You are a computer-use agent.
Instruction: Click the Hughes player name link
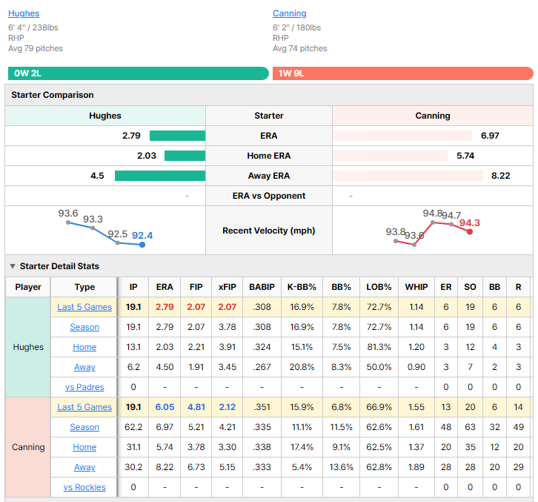24,13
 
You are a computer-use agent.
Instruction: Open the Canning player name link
289,13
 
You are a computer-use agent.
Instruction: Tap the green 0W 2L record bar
139,73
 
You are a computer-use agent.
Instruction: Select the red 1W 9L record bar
403,73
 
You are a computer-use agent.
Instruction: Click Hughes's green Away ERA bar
160,176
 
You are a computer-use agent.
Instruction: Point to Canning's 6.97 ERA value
490,136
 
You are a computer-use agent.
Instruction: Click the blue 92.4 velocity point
142,245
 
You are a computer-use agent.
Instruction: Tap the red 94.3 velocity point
470,232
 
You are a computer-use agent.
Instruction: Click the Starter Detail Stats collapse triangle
13,266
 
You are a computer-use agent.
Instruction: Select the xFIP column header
228,287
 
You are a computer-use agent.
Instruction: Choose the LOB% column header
379,287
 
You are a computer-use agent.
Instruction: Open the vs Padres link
84,387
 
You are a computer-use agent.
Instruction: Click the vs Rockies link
84,487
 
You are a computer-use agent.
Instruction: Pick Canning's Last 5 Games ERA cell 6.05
165,407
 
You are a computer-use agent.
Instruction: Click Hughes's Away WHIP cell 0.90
416,367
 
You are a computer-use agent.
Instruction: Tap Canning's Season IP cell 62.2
133,427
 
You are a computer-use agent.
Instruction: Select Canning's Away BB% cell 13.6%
341,467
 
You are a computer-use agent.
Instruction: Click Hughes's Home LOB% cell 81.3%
379,347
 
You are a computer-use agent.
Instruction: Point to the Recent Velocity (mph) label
269,231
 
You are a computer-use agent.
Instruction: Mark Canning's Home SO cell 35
470,447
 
